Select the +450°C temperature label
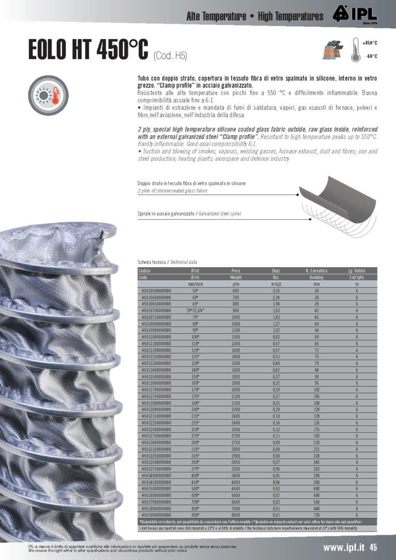pyautogui.click(x=370, y=43)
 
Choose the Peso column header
pyautogui.click(x=236, y=270)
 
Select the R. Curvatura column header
pyautogui.click(x=317, y=270)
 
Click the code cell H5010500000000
pyautogui.click(x=156, y=291)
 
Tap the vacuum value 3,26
pyautogui.click(x=276, y=291)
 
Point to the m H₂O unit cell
pyautogui.click(x=276, y=284)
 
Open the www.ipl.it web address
pyautogui.click(x=344, y=548)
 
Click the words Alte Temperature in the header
pyautogui.click(x=216, y=17)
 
